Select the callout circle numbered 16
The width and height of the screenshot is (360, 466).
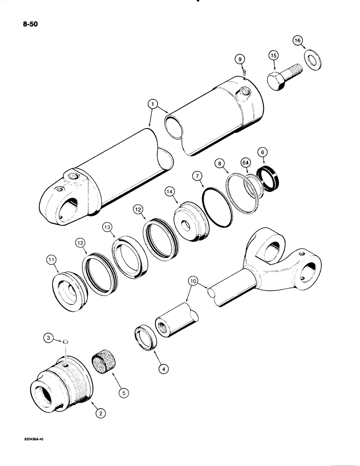pyautogui.click(x=297, y=41)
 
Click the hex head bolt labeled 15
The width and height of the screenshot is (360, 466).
pyautogui.click(x=282, y=78)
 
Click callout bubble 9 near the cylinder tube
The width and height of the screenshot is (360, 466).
pyautogui.click(x=239, y=59)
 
